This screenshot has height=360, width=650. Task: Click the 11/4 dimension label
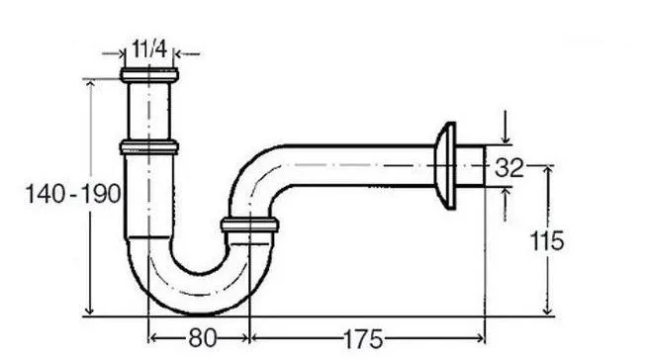click(149, 49)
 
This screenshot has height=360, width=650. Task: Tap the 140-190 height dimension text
click(73, 194)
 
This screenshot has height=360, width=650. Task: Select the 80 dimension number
click(202, 338)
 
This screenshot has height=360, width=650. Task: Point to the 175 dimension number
click(363, 339)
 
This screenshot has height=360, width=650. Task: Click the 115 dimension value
click(547, 240)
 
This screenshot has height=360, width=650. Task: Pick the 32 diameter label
click(510, 168)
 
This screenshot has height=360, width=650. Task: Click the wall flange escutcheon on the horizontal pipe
click(445, 166)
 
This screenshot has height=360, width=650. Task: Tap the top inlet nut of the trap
click(149, 75)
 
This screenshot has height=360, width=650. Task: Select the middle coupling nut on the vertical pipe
click(149, 147)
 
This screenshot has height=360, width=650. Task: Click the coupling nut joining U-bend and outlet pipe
click(249, 225)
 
